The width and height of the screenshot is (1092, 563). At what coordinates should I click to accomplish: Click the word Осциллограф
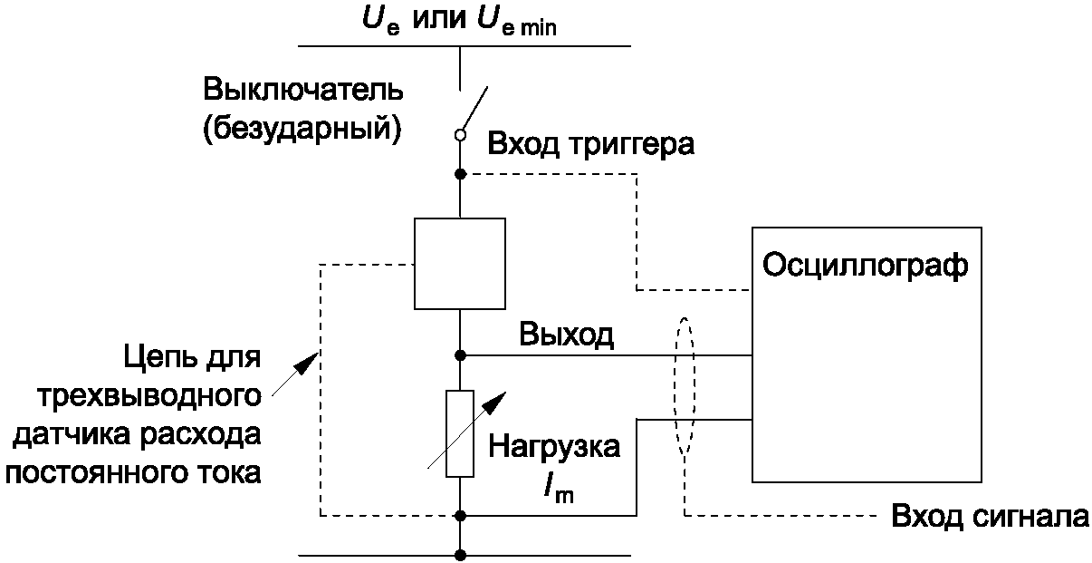[866, 267]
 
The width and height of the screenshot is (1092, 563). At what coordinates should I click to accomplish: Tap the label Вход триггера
[591, 144]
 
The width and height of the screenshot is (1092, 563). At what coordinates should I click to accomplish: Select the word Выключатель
[303, 90]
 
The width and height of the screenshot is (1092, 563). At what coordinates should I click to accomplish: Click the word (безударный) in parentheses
[302, 129]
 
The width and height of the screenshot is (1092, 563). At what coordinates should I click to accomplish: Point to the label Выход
[567, 335]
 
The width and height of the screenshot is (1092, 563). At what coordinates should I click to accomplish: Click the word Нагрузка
[554, 447]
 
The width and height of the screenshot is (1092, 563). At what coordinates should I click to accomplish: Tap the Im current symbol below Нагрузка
[560, 490]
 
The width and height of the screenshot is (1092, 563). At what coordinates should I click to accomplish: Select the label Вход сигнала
[990, 516]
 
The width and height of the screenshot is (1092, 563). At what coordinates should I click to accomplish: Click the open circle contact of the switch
[460, 135]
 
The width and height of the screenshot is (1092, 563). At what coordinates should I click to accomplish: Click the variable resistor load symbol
[460, 433]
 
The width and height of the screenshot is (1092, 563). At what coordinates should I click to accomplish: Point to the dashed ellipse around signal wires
[675, 385]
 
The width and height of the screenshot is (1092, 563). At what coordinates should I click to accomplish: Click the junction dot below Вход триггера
[460, 174]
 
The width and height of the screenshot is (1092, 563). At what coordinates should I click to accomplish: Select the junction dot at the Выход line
[460, 355]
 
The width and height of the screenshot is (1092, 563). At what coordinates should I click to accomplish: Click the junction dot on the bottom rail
[460, 555]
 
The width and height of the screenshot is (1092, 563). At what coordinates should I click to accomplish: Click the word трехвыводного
[149, 396]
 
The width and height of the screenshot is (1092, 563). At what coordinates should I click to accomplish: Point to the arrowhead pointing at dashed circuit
[308, 364]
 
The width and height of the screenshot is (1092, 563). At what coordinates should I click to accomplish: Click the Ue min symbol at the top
[516, 21]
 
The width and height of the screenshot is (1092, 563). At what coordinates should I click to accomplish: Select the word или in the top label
[439, 21]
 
